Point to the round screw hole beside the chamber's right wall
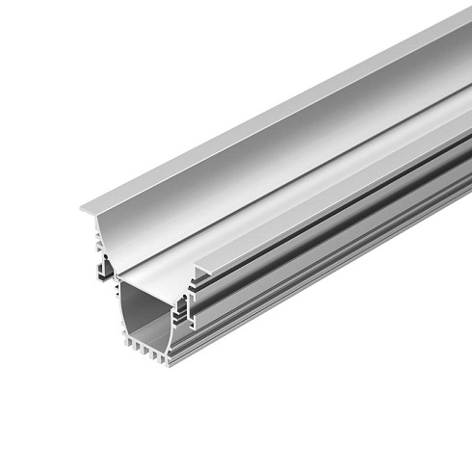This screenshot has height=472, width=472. pyautogui.click(x=180, y=311)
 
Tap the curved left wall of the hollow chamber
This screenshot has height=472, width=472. pyautogui.click(x=122, y=308)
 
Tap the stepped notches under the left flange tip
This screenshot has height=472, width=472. pyautogui.click(x=97, y=223)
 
